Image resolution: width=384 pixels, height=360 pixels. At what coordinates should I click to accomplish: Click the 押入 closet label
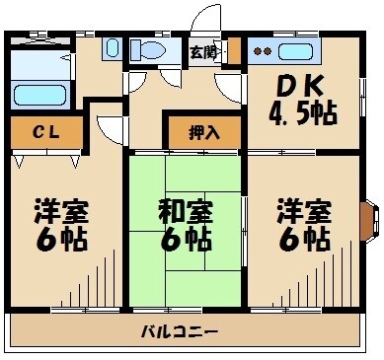pyautogui.click(x=203, y=130)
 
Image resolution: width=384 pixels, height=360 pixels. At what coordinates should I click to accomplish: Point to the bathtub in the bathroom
pyautogui.click(x=39, y=96)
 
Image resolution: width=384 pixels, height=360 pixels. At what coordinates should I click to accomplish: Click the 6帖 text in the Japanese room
pyautogui.click(x=186, y=238)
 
